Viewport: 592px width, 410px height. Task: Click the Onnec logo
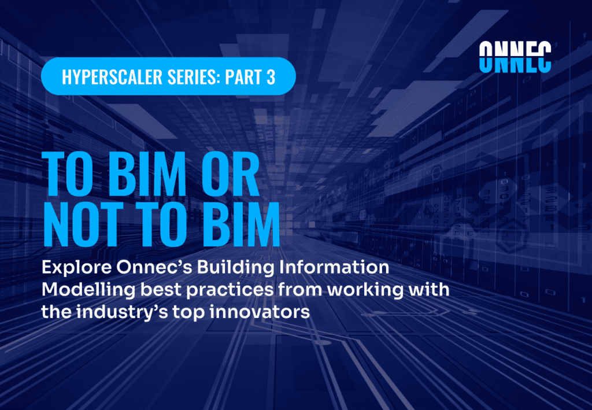[x=515, y=57]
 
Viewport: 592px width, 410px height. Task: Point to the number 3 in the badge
[x=271, y=77]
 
